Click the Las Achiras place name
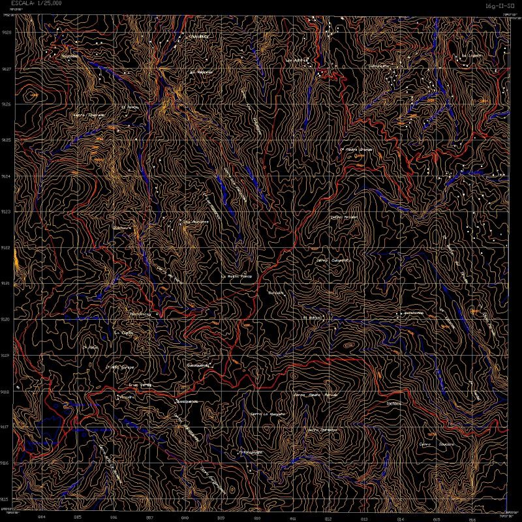[x=296, y=60]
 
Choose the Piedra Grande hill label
[x=356, y=149]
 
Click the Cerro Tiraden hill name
[x=344, y=217]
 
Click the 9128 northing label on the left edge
[x=7, y=32]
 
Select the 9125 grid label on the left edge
[x=7, y=140]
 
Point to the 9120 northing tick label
[x=7, y=319]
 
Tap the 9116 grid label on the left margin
[x=7, y=463]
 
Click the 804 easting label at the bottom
[x=42, y=517]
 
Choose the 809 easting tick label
[x=221, y=517]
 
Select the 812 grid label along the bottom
[x=328, y=517]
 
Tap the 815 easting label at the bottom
[x=436, y=517]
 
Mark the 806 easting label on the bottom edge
[x=114, y=517]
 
